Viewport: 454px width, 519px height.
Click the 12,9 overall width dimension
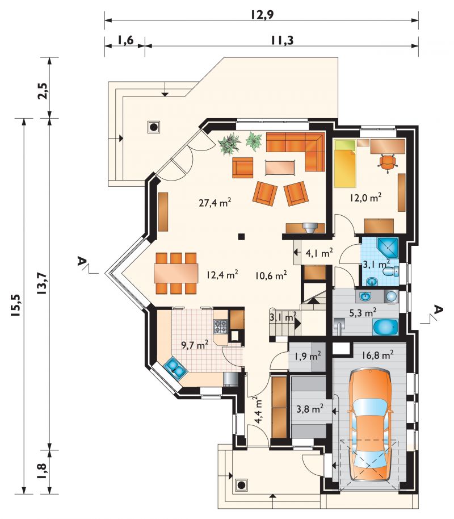[262, 14]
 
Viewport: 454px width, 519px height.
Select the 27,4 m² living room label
[215, 202]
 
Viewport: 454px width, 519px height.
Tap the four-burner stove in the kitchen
[221, 326]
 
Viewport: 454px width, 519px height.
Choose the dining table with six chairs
[175, 273]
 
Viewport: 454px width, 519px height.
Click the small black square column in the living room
[242, 236]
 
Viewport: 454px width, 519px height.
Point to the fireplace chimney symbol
[310, 228]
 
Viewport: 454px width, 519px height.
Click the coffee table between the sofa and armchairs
[280, 167]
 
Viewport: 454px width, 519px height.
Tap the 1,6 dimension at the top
[125, 40]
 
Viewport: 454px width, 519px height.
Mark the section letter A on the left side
[81, 261]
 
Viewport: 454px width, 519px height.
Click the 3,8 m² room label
[310, 409]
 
